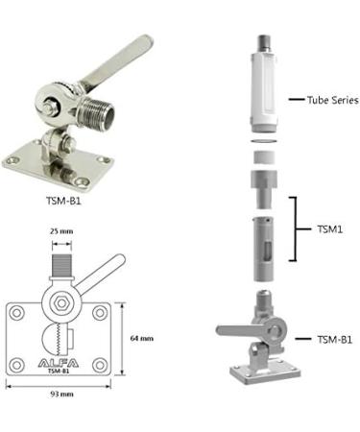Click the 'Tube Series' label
332,99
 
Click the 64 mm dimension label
141,338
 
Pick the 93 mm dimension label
66,397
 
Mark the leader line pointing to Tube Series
295,99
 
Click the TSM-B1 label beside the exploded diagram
333,339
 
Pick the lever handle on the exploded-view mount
234,330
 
